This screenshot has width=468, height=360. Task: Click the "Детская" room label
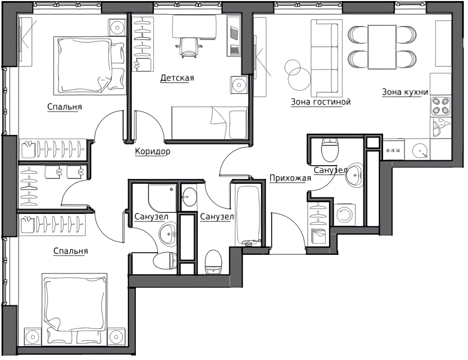click(x=177, y=78)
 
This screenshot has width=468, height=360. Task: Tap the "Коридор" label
click(x=152, y=151)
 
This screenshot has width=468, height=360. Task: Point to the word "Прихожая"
click(x=290, y=178)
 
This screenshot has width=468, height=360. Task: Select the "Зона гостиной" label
click(x=320, y=102)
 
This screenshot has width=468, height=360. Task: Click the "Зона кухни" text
click(x=405, y=92)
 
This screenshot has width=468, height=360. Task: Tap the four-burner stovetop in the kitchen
click(x=440, y=106)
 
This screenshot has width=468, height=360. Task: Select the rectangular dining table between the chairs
click(x=382, y=47)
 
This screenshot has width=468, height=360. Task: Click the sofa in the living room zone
click(x=324, y=57)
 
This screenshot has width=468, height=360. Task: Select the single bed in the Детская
click(x=209, y=123)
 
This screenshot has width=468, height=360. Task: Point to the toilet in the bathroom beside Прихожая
click(x=330, y=149)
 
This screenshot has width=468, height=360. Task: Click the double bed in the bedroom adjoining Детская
click(x=89, y=64)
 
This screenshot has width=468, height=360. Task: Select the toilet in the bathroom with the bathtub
click(x=213, y=262)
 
